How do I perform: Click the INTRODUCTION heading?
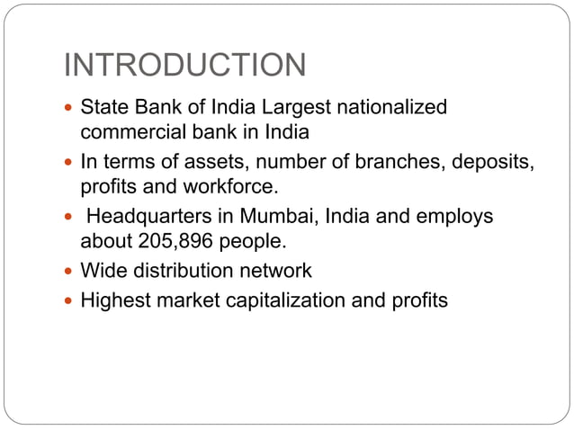pyautogui.click(x=186, y=65)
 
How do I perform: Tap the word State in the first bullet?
pyautogui.click(x=101, y=108)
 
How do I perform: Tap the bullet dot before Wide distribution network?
pyautogui.click(x=70, y=271)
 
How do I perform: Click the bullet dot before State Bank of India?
pyautogui.click(x=70, y=108)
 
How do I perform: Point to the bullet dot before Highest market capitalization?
pyautogui.click(x=70, y=300)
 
